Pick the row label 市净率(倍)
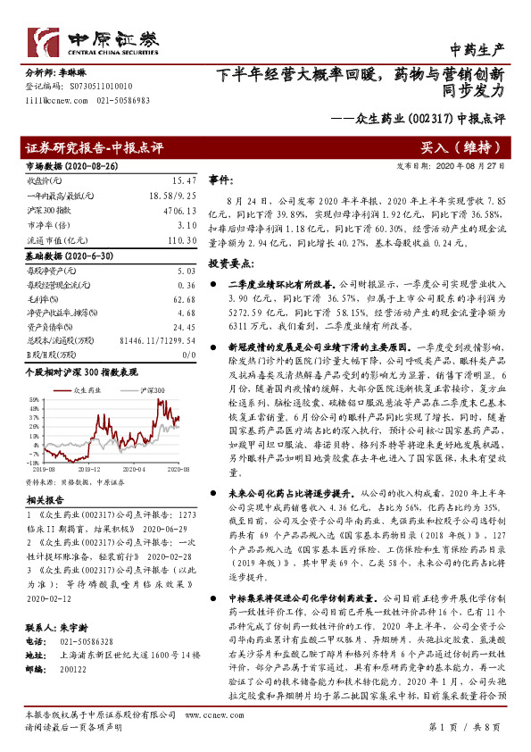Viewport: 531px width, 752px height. click(43, 227)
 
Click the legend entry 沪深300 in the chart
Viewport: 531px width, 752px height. click(152, 391)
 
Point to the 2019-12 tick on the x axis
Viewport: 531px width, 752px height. click(91, 467)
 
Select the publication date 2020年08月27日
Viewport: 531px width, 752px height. click(477, 166)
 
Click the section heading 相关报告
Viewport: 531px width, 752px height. click(42, 501)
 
